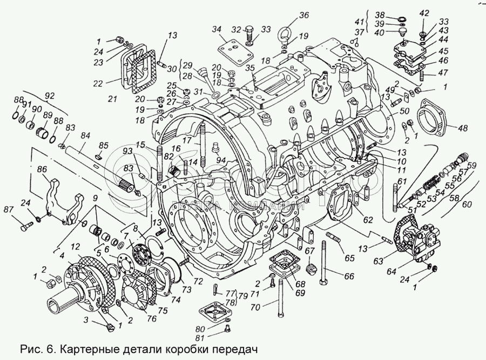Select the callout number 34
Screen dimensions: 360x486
coord(217,29)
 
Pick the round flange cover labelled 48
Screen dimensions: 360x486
coord(435,119)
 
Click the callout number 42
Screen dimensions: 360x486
coord(424,13)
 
